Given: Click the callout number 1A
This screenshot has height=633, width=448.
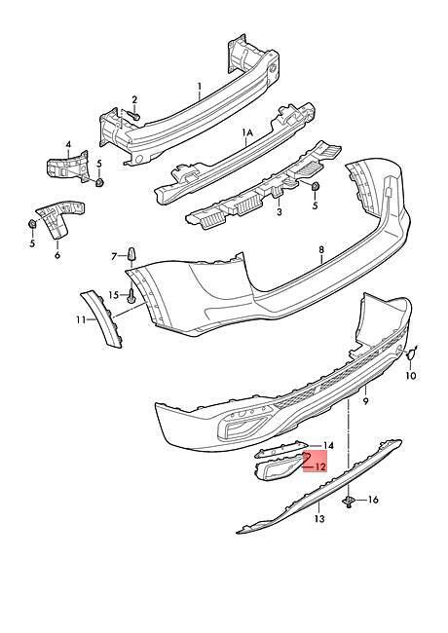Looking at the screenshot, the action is (247, 132).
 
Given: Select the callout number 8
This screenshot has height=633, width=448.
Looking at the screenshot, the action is (321, 249).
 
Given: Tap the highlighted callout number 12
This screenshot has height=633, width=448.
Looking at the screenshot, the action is (320, 466).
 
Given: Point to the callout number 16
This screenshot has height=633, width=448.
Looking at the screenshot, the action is (373, 500).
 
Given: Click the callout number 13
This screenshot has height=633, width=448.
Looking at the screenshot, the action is (319, 518).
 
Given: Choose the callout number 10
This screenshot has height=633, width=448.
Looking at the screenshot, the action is (410, 376).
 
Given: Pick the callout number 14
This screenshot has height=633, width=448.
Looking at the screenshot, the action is (328, 446).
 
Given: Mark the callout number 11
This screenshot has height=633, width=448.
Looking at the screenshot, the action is (81, 319).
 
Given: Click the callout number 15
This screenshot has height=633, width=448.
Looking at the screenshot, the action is (113, 295).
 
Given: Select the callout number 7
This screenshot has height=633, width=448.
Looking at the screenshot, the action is (114, 256).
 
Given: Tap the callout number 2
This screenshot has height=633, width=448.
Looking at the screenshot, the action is (134, 99).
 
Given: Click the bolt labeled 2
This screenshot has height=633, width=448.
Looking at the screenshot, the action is (134, 116).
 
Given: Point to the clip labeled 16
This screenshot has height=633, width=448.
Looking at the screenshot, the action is (348, 501).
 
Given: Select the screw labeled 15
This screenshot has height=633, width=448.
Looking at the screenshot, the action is (131, 296).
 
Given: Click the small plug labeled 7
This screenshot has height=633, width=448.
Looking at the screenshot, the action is (132, 253).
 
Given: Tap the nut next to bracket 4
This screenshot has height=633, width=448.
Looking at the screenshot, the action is (99, 182).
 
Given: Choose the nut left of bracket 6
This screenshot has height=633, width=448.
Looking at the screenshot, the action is (32, 223).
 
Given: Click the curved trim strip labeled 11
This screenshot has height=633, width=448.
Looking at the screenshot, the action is (101, 317).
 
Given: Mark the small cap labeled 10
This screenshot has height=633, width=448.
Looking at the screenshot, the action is (411, 354).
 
